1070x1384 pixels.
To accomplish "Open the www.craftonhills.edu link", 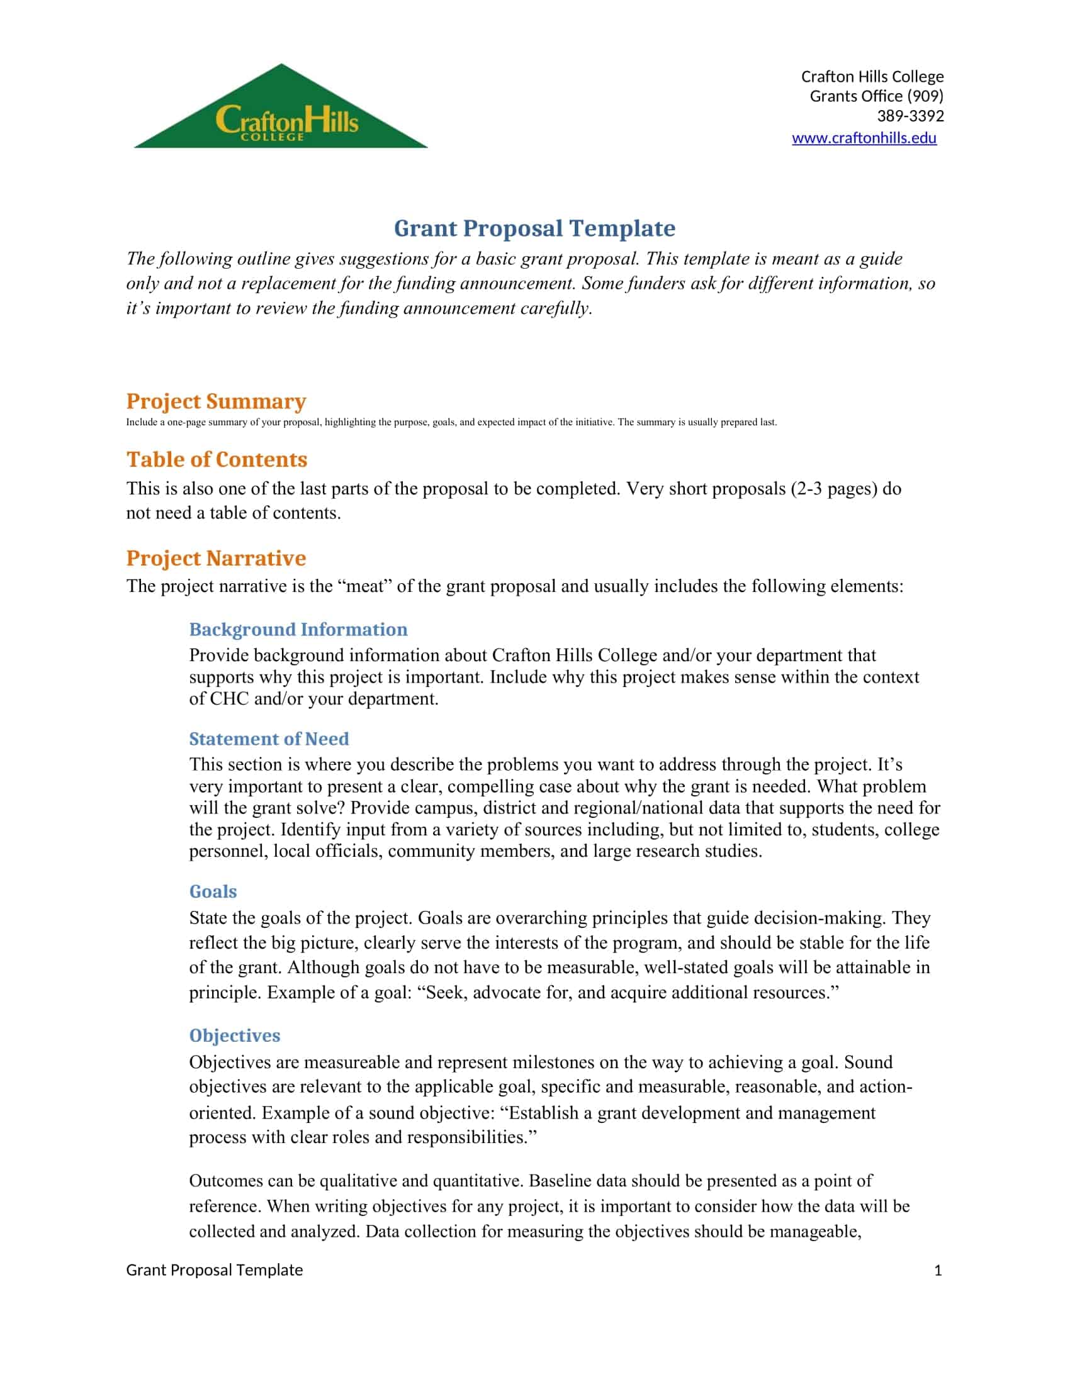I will click(x=864, y=138).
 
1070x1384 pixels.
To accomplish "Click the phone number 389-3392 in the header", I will click(x=909, y=116).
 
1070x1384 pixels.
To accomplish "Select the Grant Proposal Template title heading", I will click(x=534, y=228).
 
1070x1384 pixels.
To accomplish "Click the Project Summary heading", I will click(x=215, y=401).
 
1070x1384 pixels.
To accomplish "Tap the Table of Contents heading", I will click(x=216, y=459).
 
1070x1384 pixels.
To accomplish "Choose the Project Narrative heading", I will click(x=215, y=558).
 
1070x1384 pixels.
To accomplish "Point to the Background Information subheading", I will click(x=298, y=629).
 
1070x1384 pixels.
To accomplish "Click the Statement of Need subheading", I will click(x=269, y=739).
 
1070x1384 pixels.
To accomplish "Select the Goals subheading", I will click(x=213, y=891).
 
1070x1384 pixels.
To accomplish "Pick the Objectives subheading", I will click(x=235, y=1035).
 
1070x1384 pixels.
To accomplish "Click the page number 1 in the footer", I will click(x=938, y=1270).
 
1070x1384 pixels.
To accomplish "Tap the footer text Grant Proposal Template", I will click(x=214, y=1270).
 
